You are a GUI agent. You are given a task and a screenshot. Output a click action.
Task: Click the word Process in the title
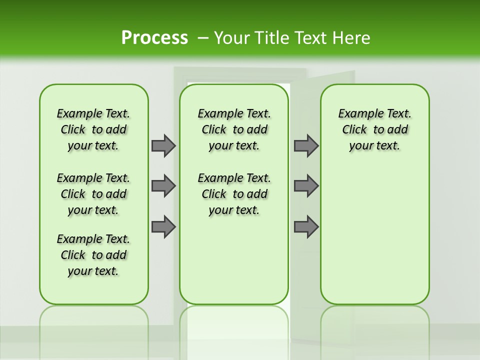pyautogui.click(x=154, y=37)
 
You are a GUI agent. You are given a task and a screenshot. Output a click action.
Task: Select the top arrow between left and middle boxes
pyautogui.click(x=163, y=145)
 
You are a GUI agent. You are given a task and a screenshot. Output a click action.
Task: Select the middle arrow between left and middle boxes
pyautogui.click(x=163, y=186)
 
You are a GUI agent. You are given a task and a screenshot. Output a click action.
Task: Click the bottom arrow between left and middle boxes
pyautogui.click(x=163, y=227)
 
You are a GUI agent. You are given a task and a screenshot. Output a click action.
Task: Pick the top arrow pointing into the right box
pyautogui.click(x=306, y=145)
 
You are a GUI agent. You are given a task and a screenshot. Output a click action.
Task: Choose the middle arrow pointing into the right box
pyautogui.click(x=306, y=186)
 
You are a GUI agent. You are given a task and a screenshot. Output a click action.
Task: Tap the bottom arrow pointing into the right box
pyautogui.click(x=306, y=227)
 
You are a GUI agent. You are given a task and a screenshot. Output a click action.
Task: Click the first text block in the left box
pyautogui.click(x=93, y=129)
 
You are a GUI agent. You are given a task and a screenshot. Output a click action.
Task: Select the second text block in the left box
pyautogui.click(x=93, y=194)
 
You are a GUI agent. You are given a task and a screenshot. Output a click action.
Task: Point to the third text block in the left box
pyautogui.click(x=93, y=255)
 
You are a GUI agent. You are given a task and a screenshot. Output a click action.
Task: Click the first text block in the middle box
pyautogui.click(x=234, y=129)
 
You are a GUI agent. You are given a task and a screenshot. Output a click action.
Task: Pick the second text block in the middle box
pyautogui.click(x=234, y=194)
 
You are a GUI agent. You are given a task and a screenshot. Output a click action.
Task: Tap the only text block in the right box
pyautogui.click(x=375, y=129)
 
